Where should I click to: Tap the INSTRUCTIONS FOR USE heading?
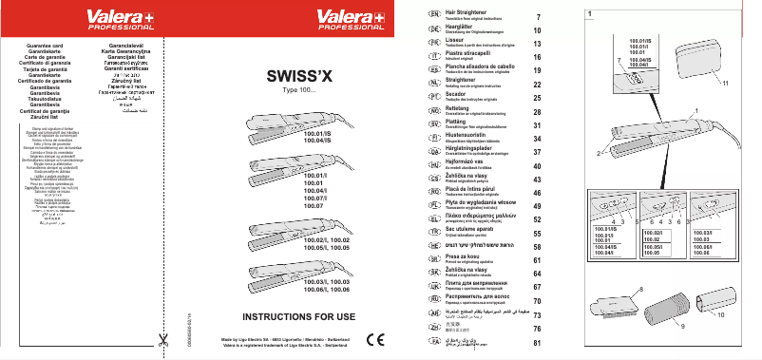coord(299,314)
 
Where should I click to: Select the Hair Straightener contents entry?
coord(479,16)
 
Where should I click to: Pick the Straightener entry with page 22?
coord(475,83)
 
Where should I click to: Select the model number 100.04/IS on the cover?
coord(317,141)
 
